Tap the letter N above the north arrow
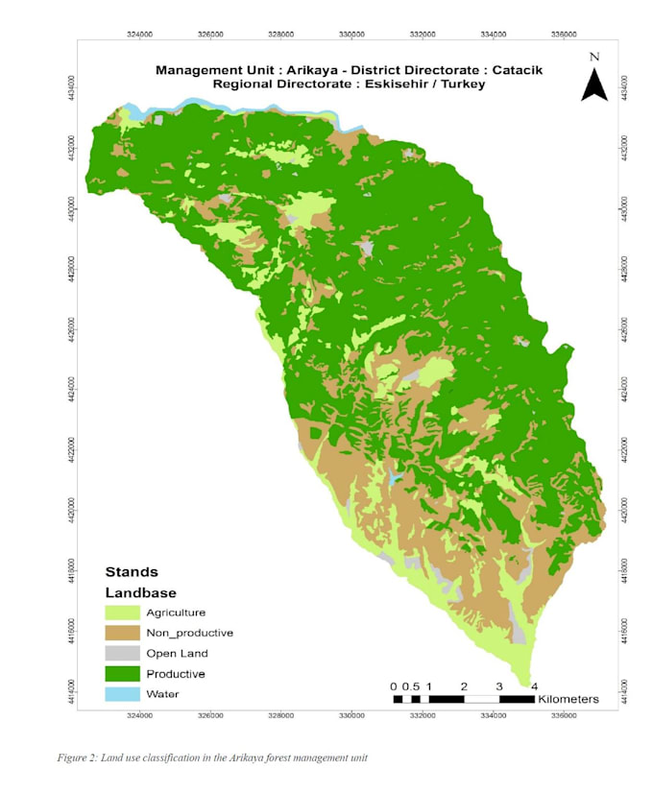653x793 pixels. click(594, 57)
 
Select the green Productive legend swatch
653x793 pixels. click(122, 673)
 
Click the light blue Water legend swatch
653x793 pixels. click(122, 693)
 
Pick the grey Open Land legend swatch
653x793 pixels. click(122, 653)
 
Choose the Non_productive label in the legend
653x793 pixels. click(189, 633)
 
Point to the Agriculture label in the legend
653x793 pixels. click(176, 612)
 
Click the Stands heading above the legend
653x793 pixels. click(132, 571)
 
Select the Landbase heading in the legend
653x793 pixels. click(140, 592)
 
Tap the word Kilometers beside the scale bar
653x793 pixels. click(568, 698)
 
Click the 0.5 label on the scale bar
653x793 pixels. click(410, 685)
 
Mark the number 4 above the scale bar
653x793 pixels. click(534, 685)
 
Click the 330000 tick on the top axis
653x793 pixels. click(351, 35)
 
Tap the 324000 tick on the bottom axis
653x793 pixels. click(139, 714)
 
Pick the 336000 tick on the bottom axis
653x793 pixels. click(564, 714)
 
